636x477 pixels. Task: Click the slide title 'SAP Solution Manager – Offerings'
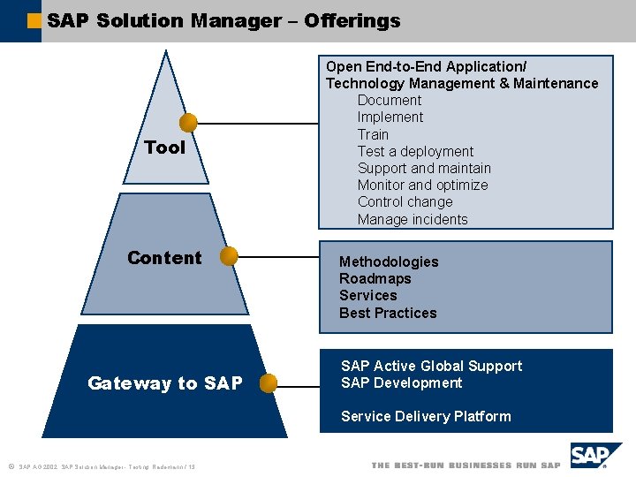pos(223,20)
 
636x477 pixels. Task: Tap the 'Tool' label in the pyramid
pos(165,148)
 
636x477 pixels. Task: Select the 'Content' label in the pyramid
pos(164,258)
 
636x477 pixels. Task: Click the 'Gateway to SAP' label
pos(164,383)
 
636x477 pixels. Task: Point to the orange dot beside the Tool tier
pos(188,123)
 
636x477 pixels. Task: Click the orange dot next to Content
pos(229,256)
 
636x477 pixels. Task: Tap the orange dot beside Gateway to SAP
pos(269,383)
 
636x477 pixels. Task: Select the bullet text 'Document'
pos(390,101)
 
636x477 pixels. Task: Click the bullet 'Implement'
pos(390,117)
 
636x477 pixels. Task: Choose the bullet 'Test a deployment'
pos(415,152)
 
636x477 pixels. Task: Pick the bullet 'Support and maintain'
pos(424,169)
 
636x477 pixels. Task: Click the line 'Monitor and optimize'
pos(422,185)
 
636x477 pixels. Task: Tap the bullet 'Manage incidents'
pos(413,220)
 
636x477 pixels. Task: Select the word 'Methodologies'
pos(389,262)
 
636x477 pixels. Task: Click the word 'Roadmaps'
pos(375,279)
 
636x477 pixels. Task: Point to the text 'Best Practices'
pos(388,314)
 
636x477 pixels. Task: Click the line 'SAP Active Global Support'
pos(431,367)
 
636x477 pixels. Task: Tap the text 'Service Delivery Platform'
pos(426,417)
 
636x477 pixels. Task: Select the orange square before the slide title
pos(34,20)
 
